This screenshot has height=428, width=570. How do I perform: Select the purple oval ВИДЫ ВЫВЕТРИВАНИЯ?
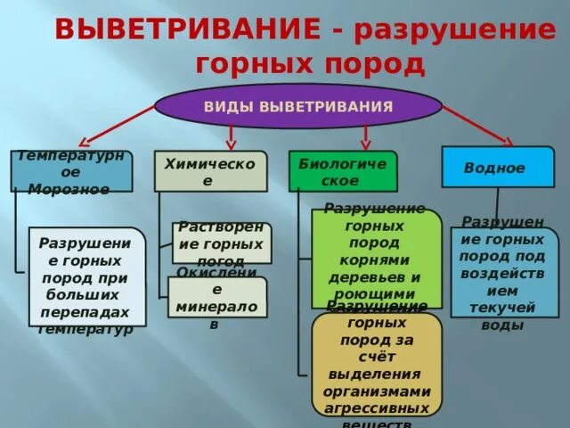pyautogui.click(x=298, y=107)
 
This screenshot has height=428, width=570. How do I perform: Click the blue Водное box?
pyautogui.click(x=497, y=167)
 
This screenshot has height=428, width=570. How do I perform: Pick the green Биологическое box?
pyautogui.click(x=342, y=171)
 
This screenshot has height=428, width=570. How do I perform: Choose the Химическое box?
pyautogui.click(x=210, y=171)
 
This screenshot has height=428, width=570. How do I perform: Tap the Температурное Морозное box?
pyautogui.click(x=71, y=171)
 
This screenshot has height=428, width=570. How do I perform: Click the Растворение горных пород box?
pyautogui.click(x=221, y=243)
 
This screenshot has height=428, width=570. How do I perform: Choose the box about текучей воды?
pyautogui.click(x=504, y=272)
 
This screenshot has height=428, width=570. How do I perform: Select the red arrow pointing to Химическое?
pyautogui.click(x=231, y=136)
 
